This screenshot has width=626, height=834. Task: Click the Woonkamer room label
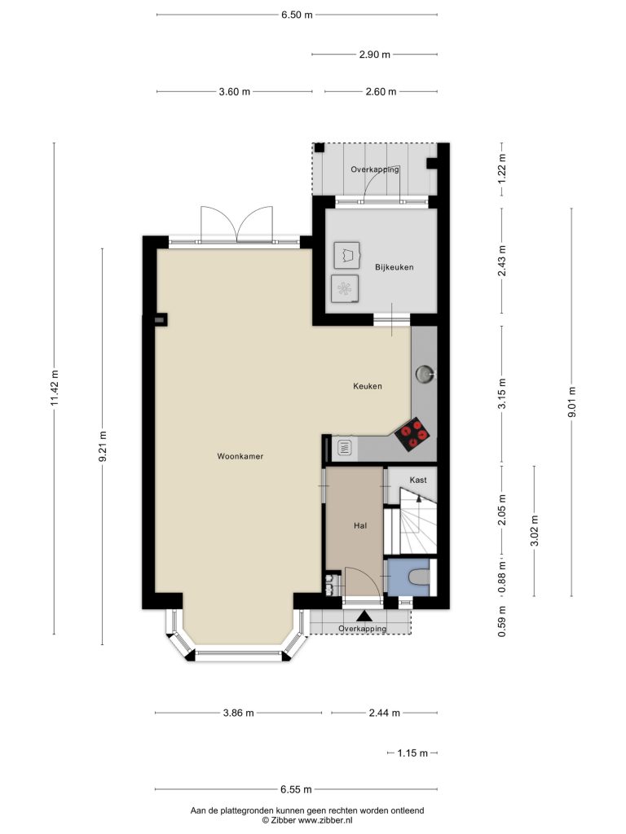[x=240, y=456]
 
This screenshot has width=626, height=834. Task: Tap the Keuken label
[x=368, y=386]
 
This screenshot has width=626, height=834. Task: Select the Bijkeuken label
[x=394, y=267]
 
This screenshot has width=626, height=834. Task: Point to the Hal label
[x=360, y=525]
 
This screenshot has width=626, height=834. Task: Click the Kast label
[x=418, y=480]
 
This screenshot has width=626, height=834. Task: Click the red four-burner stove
[x=412, y=434]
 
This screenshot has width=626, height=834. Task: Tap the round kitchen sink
[x=424, y=374]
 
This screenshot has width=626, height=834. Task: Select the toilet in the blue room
[x=420, y=577]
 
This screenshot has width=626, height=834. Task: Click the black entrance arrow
[x=364, y=616]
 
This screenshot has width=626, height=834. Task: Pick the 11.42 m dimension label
[x=55, y=388]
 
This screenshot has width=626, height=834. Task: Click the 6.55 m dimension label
[x=297, y=789]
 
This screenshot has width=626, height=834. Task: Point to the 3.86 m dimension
[x=239, y=713]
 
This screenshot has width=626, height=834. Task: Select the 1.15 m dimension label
[x=412, y=753]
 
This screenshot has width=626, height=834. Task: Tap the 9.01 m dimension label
[x=572, y=402]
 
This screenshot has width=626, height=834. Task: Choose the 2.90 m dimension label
[x=375, y=55]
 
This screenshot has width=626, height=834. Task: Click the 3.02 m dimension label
[x=535, y=531]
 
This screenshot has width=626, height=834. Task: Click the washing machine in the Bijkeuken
[x=345, y=288]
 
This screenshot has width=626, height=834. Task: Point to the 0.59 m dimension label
[x=502, y=621]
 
